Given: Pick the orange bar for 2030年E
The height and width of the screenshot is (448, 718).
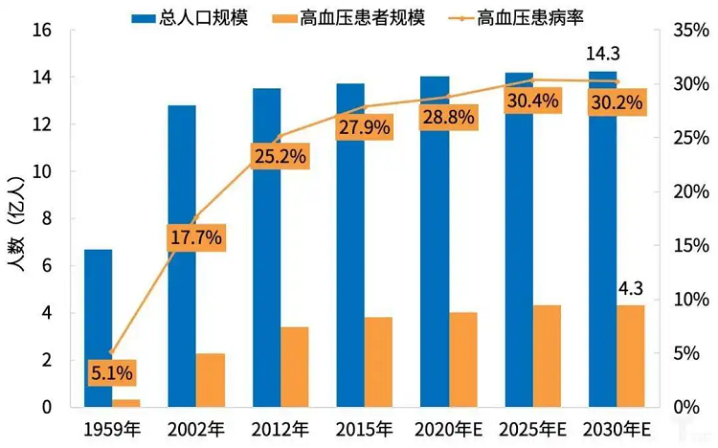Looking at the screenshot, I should (x=631, y=356).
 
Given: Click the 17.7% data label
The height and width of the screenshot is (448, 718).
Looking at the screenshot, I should (x=196, y=236).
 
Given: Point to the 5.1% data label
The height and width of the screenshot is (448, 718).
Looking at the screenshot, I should (x=113, y=371).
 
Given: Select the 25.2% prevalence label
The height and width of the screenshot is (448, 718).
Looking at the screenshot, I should (x=280, y=155).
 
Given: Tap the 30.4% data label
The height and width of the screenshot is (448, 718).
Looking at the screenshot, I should (x=533, y=101).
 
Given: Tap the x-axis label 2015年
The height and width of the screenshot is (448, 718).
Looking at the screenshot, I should (x=365, y=429).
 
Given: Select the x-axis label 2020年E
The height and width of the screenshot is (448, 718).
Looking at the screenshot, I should (x=449, y=429).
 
